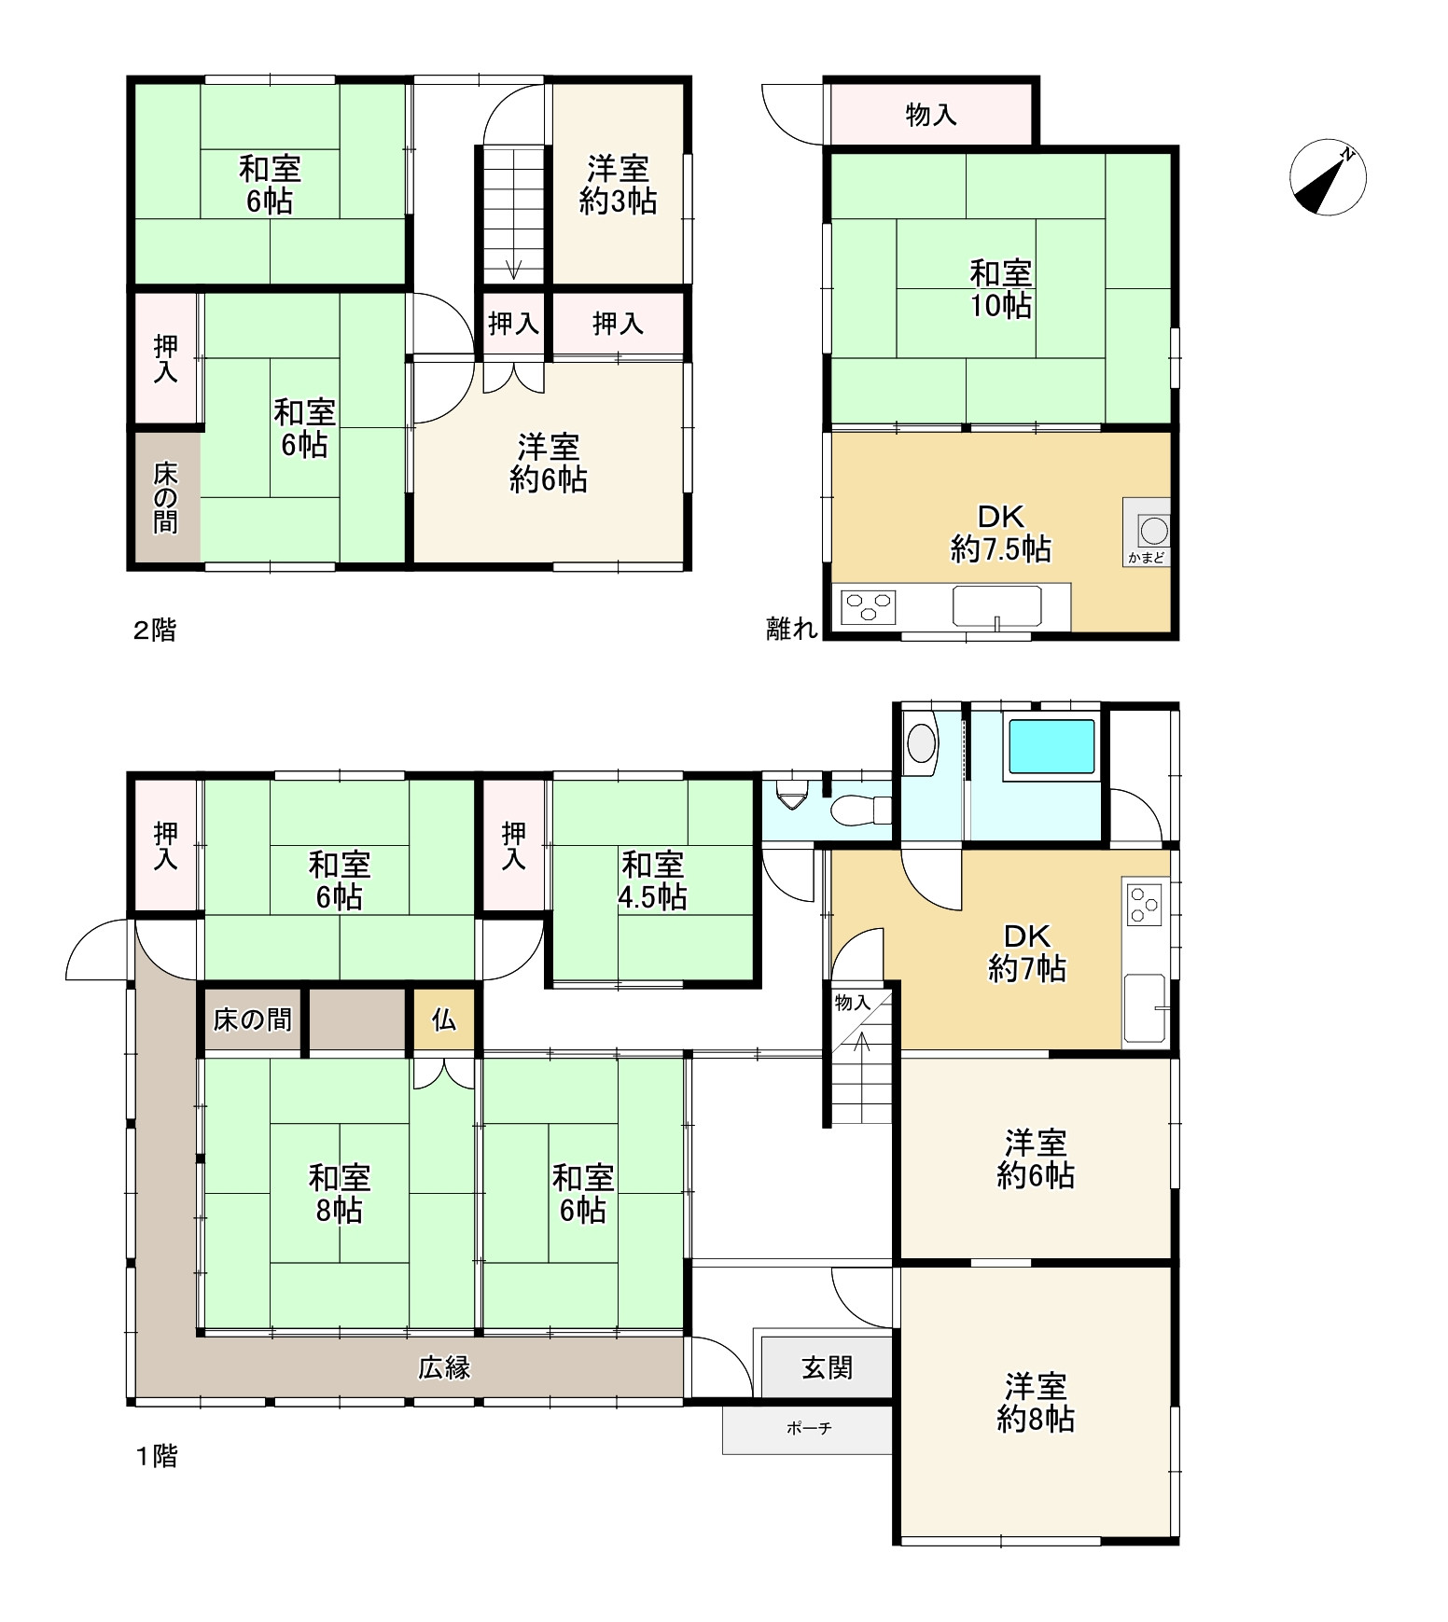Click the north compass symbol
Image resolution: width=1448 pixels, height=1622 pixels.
[x=1328, y=177]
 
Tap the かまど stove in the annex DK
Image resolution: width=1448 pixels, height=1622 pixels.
[x=1147, y=532]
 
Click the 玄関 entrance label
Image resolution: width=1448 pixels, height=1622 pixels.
[x=827, y=1367]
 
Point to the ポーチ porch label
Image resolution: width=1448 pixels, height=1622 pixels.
[x=808, y=1428]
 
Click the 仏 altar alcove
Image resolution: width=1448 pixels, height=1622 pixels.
[x=444, y=1019]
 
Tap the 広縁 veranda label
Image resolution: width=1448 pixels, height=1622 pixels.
[x=444, y=1367]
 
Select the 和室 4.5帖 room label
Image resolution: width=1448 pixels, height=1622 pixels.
[x=652, y=880]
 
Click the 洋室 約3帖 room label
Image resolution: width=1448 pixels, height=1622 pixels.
[x=618, y=185]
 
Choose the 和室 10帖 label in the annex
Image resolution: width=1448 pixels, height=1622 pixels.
[x=1000, y=289]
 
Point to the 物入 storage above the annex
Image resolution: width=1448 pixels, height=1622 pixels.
[x=931, y=115]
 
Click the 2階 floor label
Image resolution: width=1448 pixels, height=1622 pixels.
[x=154, y=631]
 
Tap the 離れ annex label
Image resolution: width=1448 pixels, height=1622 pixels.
[x=792, y=629]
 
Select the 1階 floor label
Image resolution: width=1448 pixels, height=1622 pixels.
[x=157, y=1456]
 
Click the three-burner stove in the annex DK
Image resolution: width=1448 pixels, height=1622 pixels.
[x=869, y=607]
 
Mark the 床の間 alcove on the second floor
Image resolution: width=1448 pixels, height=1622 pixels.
[x=166, y=497]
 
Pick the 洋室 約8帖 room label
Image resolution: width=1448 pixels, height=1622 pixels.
[x=1036, y=1402]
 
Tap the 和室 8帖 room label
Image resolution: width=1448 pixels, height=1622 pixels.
[x=340, y=1193]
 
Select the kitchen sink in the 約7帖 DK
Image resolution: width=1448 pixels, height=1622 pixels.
[x=1145, y=1008]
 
